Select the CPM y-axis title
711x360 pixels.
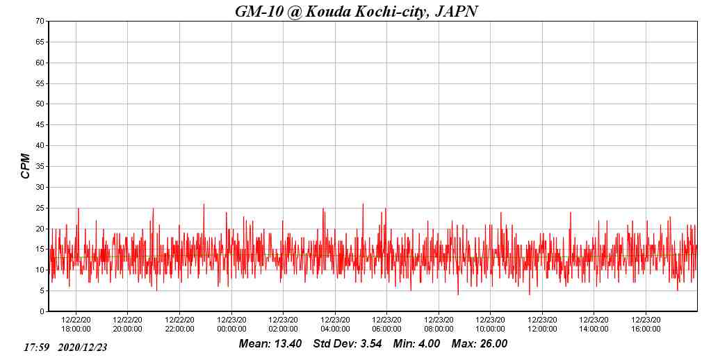pyautogui.click(x=26, y=166)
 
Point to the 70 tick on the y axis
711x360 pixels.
pyautogui.click(x=40, y=22)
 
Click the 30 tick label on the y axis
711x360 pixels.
pyautogui.click(x=40, y=187)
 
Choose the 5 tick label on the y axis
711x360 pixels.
pyautogui.click(x=42, y=291)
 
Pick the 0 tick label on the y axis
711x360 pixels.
pyautogui.click(x=42, y=311)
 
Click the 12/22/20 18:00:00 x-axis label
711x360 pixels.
pyautogui.click(x=76, y=325)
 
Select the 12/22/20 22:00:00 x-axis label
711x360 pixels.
pyautogui.click(x=179, y=325)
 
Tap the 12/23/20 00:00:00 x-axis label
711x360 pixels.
pyautogui.click(x=231, y=325)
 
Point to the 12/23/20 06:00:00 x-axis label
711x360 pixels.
pyautogui.click(x=386, y=325)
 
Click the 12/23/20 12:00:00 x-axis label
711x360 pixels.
pyautogui.click(x=542, y=325)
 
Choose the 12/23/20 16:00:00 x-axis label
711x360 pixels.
pyautogui.click(x=646, y=325)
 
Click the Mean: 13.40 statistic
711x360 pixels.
pyautogui.click(x=270, y=344)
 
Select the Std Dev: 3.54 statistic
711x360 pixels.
pyautogui.click(x=348, y=344)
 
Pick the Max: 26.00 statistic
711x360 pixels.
pyautogui.click(x=480, y=344)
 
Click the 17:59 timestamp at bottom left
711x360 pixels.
pyautogui.click(x=36, y=347)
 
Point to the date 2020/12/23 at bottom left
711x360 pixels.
pyautogui.click(x=83, y=347)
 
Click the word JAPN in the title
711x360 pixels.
pyautogui.click(x=456, y=11)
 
